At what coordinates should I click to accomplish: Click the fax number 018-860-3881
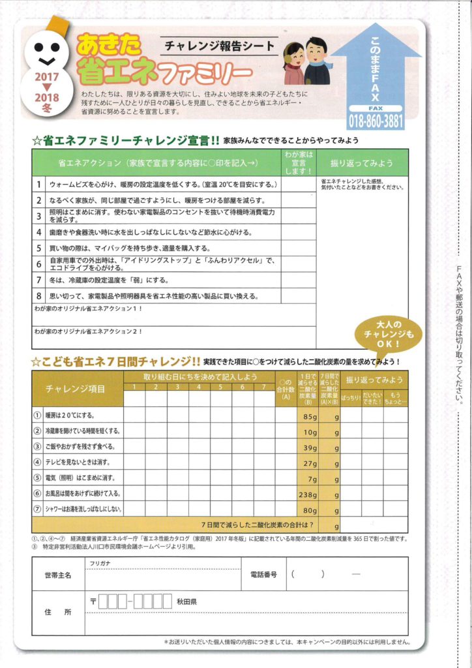click(x=376, y=120)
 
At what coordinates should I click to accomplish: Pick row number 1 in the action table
click(x=38, y=185)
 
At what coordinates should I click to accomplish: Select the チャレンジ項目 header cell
click(x=75, y=389)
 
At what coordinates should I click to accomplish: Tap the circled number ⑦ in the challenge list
click(x=37, y=509)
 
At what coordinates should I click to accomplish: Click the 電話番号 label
click(x=263, y=575)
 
